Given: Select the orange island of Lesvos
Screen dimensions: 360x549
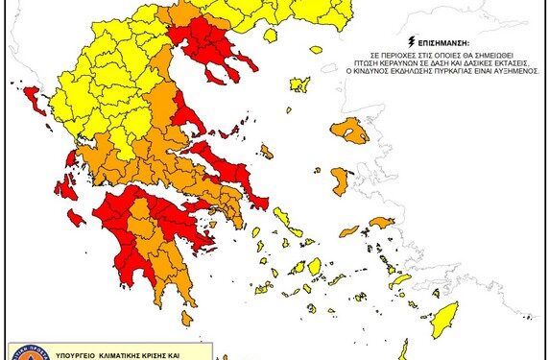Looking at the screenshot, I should click(349, 130).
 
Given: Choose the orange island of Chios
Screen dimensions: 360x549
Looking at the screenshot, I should click(340, 180).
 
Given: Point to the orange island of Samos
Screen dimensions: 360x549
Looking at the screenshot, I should click(381, 223).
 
